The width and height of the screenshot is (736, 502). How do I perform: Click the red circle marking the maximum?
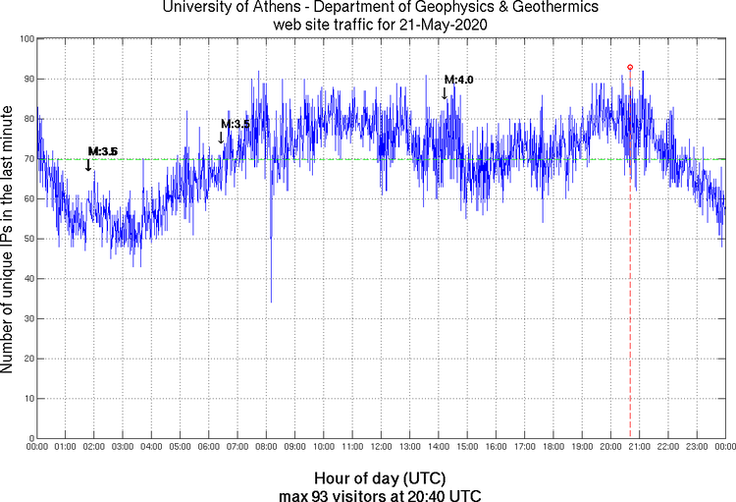pyautogui.click(x=630, y=67)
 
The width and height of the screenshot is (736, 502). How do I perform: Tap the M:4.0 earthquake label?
pyautogui.click(x=458, y=80)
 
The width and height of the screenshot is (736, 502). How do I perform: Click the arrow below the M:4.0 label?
pyautogui.click(x=445, y=93)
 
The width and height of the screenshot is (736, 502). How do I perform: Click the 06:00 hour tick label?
pyautogui.click(x=209, y=447)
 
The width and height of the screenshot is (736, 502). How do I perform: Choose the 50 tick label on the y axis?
pyautogui.click(x=26, y=239)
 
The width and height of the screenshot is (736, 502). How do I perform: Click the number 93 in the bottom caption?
pyautogui.click(x=320, y=494)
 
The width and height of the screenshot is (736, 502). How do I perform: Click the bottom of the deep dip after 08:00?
pyautogui.click(x=271, y=302)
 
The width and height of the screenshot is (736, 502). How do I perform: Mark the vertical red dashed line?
pyautogui.click(x=630, y=295)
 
